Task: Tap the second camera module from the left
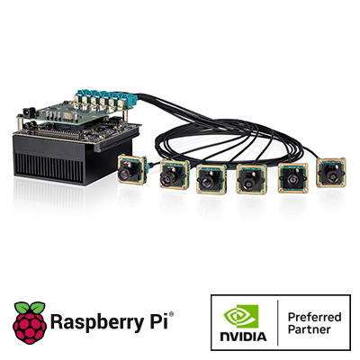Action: [175, 175]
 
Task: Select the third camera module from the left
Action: [211, 179]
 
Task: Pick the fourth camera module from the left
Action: [251, 179]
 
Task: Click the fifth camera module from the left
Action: [292, 178]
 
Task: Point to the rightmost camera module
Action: [331, 173]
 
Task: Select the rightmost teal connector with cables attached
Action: [131, 98]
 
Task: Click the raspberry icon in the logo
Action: [30, 322]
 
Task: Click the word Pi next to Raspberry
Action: [161, 320]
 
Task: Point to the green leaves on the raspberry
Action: [30, 308]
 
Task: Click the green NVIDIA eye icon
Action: [241, 317]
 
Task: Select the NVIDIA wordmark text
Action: [243, 337]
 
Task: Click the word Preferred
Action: [314, 317]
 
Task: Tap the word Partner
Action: [310, 329]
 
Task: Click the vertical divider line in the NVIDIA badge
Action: [277, 322]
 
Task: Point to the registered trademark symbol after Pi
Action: [171, 314]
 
